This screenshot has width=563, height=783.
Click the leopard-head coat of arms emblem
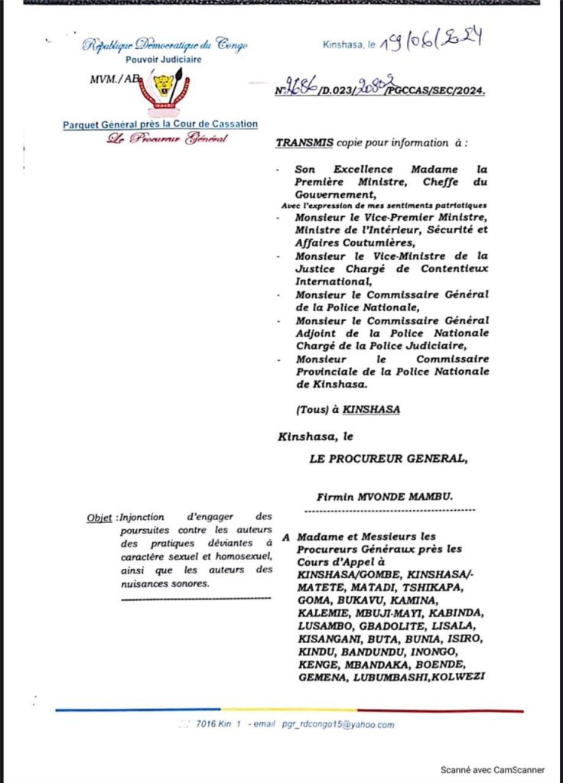click(x=162, y=86)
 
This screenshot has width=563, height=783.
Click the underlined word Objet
click(x=99, y=518)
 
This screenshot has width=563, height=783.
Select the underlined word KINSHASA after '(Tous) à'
click(x=371, y=410)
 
